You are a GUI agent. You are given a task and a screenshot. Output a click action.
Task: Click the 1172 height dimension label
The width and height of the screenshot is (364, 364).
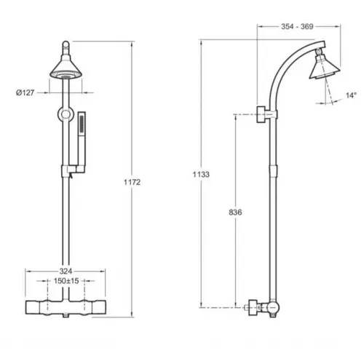point(132,182)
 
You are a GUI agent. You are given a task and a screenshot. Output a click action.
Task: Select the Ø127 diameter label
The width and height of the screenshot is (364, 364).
point(25,92)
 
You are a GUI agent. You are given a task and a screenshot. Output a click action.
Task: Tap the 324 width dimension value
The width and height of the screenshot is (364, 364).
point(66,271)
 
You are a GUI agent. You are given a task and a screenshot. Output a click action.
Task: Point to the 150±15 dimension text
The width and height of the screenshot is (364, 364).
point(66,281)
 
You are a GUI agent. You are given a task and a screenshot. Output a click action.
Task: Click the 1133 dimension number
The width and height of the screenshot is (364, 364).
point(201,174)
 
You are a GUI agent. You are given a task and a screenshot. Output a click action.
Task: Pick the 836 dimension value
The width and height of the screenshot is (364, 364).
point(235,213)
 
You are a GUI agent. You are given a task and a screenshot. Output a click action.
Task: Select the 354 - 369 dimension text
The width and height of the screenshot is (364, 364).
point(297,26)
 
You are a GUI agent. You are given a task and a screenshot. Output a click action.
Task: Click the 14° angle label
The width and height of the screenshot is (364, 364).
point(352,95)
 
